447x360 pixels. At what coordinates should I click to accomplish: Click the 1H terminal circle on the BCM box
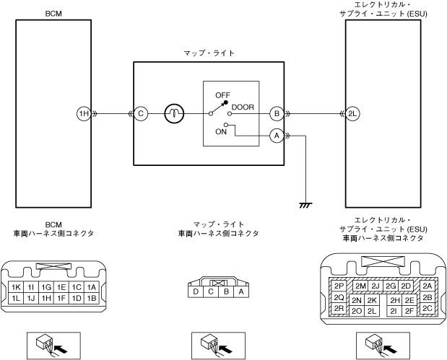(84, 114)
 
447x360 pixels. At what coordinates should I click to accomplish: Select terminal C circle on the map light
(141, 114)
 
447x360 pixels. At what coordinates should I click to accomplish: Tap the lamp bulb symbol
(174, 114)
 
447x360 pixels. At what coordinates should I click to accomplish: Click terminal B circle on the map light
(277, 114)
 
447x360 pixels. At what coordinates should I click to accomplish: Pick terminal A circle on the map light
(277, 136)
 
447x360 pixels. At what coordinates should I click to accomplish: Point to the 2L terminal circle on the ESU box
(352, 114)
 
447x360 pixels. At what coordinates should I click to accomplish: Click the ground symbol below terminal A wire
(305, 205)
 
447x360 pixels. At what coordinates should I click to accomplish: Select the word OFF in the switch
(222, 95)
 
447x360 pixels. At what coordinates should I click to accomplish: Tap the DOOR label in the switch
(243, 107)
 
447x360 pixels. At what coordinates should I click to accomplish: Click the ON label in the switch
(221, 132)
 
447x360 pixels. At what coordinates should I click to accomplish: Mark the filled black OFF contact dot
(226, 102)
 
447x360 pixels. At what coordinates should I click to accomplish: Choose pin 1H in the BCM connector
(46, 298)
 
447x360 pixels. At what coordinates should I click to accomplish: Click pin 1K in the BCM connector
(17, 287)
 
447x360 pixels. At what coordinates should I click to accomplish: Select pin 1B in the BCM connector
(91, 298)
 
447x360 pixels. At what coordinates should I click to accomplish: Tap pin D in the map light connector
(196, 291)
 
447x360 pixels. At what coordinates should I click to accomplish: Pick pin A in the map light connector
(241, 291)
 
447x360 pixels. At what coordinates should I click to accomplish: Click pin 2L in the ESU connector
(372, 311)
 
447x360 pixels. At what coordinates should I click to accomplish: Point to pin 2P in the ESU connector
(339, 286)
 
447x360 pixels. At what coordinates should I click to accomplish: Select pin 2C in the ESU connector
(427, 309)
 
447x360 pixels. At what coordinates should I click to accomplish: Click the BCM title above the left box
(53, 14)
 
